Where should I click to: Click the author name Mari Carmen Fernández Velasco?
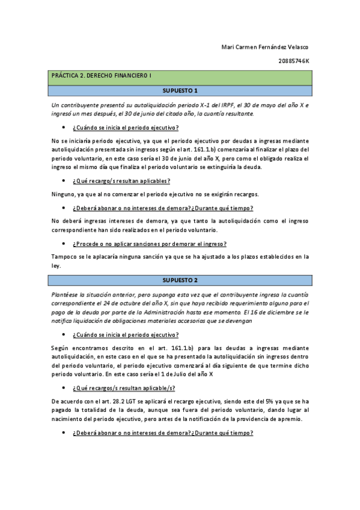(264, 48)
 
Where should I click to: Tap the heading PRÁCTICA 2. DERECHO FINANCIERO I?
(101, 77)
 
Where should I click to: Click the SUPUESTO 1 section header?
(180, 90)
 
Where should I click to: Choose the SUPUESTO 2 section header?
(180, 280)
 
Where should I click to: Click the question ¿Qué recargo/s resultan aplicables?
(121, 180)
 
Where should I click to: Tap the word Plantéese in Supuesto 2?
(65, 296)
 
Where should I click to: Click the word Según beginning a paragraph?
(61, 348)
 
